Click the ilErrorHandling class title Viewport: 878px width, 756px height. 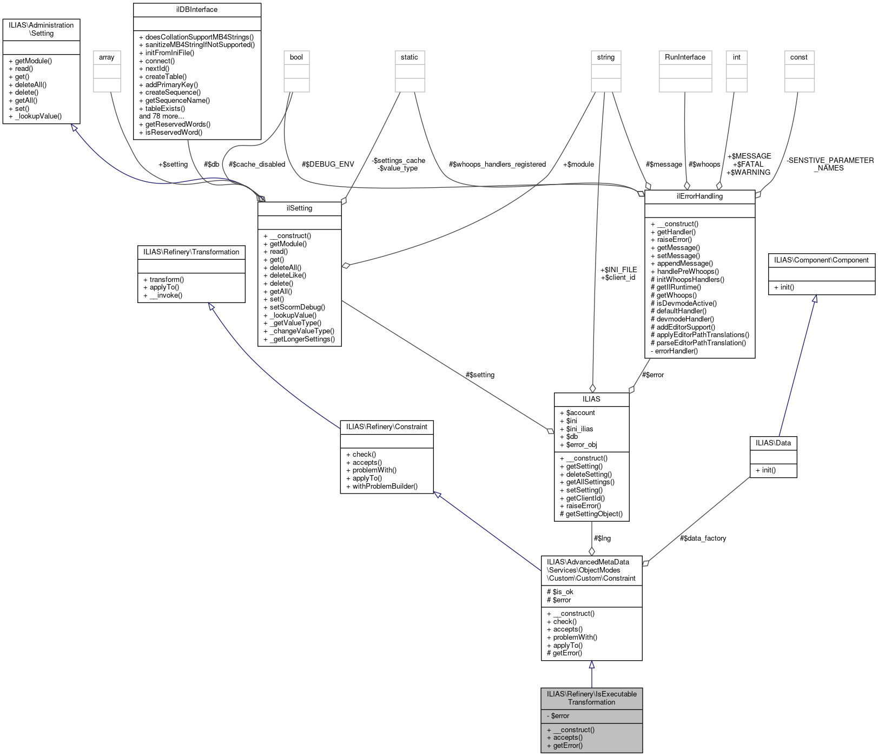[x=699, y=196]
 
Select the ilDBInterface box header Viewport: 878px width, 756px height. [x=197, y=10]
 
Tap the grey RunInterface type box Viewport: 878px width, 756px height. [x=685, y=57]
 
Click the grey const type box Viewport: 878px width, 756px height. [x=798, y=57]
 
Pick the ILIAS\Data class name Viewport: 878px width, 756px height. [x=773, y=443]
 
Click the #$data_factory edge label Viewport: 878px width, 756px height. [x=703, y=538]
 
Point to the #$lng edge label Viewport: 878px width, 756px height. [x=602, y=538]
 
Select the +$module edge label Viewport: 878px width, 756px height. [x=578, y=165]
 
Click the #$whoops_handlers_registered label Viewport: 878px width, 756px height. [x=497, y=165]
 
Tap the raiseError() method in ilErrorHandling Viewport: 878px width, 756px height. [x=674, y=240]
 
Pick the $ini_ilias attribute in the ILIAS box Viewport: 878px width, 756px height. [x=579, y=429]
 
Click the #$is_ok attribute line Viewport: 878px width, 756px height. [x=560, y=592]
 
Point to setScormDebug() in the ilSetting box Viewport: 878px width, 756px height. [x=297, y=307]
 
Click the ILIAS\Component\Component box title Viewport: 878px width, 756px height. [x=821, y=260]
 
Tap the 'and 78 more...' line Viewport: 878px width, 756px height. [x=161, y=116]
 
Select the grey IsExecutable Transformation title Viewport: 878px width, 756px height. [x=591, y=698]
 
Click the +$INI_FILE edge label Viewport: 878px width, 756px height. [x=618, y=269]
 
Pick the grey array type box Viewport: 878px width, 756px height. [x=107, y=57]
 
